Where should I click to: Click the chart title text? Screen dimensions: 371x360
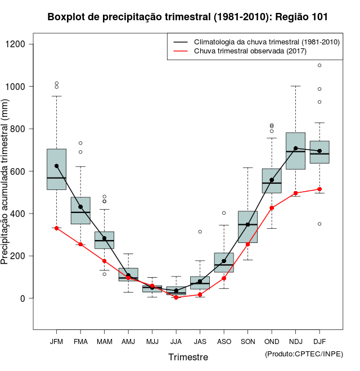point(187,17)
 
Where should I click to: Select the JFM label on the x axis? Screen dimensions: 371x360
point(56,341)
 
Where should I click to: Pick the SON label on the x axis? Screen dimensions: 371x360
point(248,341)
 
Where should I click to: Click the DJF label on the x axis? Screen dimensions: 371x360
point(319,341)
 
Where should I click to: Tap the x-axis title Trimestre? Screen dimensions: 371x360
point(188,357)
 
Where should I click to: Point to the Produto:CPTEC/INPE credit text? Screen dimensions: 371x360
point(304,354)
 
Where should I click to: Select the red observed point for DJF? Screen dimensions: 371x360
point(319,189)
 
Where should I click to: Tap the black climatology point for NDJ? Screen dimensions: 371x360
point(296,148)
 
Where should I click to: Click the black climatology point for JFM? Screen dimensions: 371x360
point(57,166)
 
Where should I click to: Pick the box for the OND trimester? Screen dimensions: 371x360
point(272,181)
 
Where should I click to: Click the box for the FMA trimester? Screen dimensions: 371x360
point(80,210)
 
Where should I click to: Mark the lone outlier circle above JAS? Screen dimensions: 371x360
point(200,232)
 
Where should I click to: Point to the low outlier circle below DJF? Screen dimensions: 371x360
point(319,224)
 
